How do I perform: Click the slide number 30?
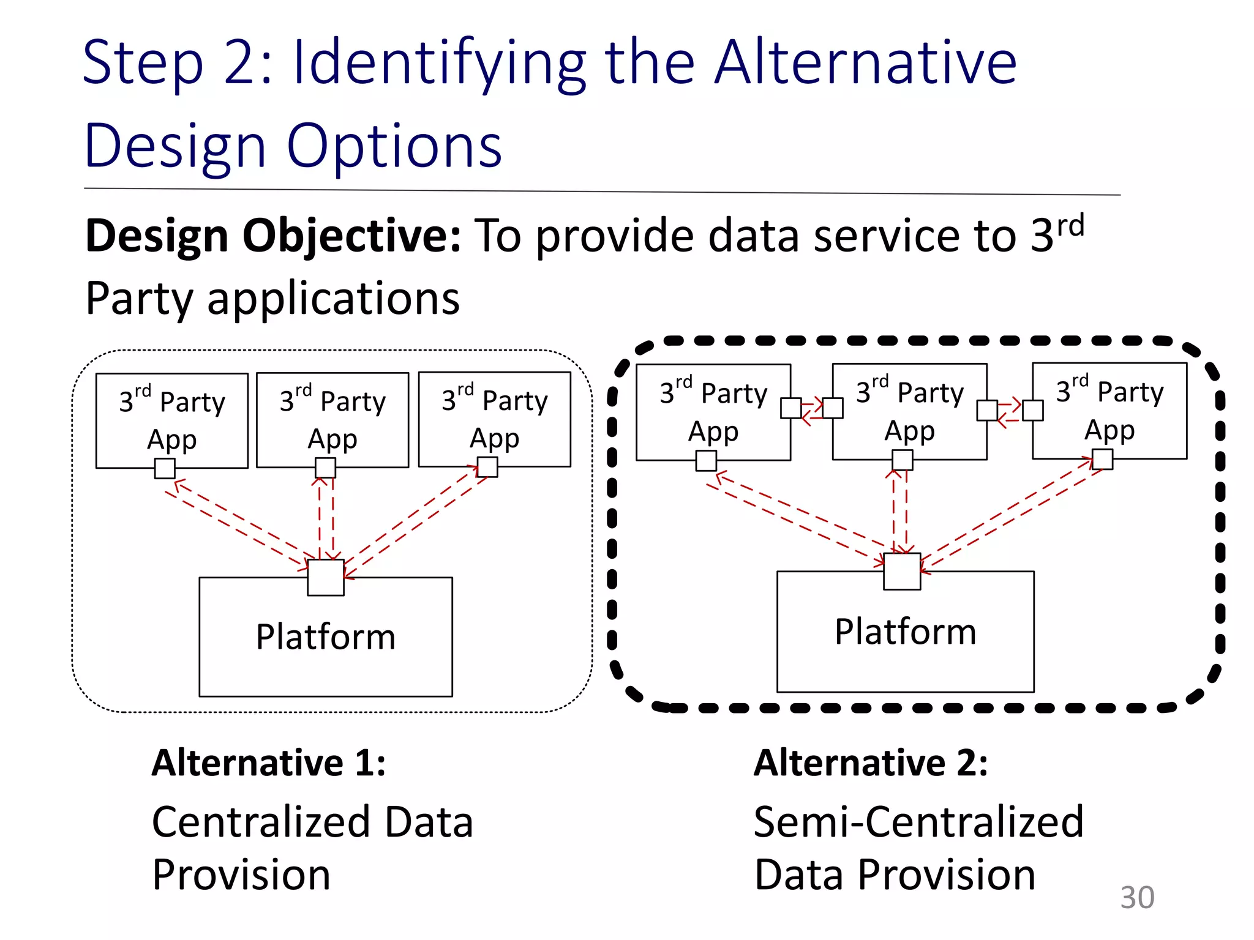tap(1137, 898)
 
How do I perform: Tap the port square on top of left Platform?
tap(326, 577)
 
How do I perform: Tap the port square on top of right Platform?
tap(902, 572)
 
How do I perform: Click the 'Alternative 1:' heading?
tap(269, 763)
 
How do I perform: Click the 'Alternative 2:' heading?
tap(871, 763)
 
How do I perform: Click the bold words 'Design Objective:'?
tap(272, 236)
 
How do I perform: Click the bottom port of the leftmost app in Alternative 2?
tap(706, 461)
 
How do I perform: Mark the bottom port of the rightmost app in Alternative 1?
tap(487, 467)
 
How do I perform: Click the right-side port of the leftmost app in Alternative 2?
tap(791, 408)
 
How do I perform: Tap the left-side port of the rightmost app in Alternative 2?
tap(1033, 411)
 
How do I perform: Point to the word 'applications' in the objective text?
tap(334, 299)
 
